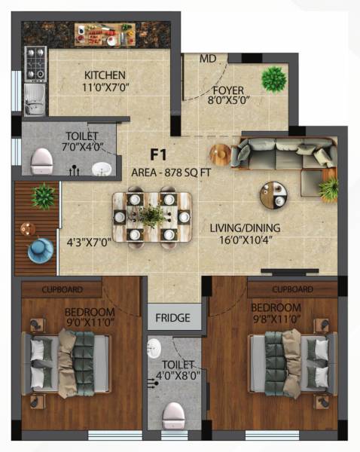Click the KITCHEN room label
point(105,75)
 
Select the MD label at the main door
point(208,58)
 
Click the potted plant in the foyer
point(273,78)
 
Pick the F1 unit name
point(157,155)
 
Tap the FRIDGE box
point(173,317)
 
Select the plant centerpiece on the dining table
point(154,215)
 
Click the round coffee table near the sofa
point(273,195)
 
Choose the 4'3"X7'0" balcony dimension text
point(88,243)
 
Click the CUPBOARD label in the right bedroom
point(291,288)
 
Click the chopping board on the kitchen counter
point(105,34)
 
